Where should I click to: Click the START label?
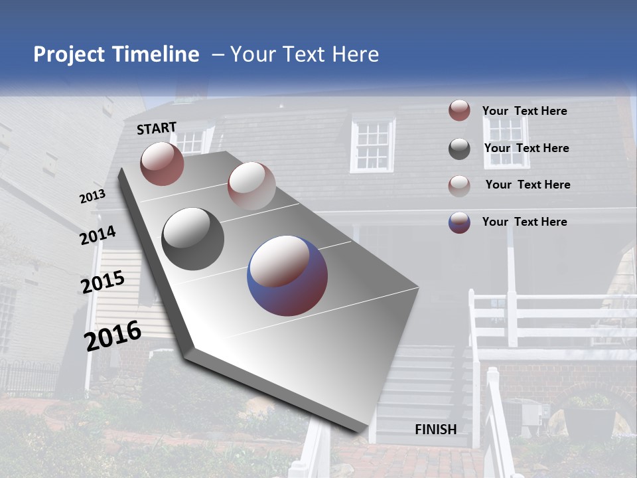click(157, 128)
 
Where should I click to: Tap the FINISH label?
click(435, 430)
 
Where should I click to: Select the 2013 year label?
click(92, 197)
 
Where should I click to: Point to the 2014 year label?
click(98, 236)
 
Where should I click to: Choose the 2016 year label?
click(113, 336)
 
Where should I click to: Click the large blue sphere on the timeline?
click(287, 276)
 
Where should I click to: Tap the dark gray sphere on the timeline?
click(192, 239)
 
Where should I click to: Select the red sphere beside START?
click(162, 163)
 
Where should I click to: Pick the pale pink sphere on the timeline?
click(251, 186)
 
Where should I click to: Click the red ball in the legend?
click(459, 110)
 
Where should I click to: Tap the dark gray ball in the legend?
click(459, 149)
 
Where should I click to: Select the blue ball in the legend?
click(459, 222)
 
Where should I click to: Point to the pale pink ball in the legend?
click(459, 185)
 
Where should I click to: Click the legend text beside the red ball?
click(524, 111)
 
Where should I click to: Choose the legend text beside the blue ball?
click(524, 222)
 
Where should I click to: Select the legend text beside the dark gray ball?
click(526, 148)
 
